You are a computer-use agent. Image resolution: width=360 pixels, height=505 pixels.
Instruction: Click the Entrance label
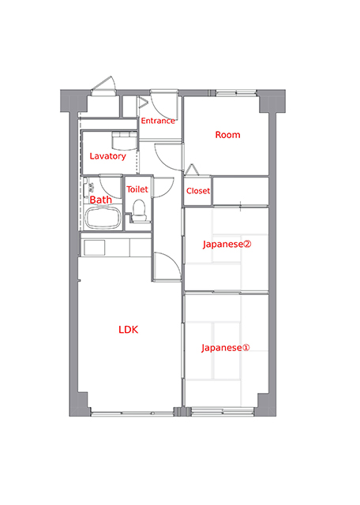[158, 121]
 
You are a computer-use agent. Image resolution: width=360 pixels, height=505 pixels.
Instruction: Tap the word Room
[227, 135]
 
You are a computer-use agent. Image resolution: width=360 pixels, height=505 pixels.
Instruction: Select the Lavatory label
[107, 156]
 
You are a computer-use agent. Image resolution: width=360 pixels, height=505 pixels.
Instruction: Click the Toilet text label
[137, 189]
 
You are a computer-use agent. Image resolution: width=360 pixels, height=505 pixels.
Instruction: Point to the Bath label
[100, 200]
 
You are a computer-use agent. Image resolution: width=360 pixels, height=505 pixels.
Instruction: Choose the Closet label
[198, 191]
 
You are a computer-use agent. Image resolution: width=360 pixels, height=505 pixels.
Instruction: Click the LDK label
[128, 330]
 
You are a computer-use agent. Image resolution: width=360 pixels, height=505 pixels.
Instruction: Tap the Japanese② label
[227, 244]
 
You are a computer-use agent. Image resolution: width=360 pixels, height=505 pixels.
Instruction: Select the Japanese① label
[225, 348]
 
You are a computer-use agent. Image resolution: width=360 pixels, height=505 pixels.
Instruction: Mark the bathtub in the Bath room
[103, 218]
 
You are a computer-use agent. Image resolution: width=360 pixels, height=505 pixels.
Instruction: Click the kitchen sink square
[95, 248]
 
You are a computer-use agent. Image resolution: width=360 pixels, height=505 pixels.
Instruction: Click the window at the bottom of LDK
[132, 413]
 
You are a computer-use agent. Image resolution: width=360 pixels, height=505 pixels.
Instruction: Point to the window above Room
[236, 93]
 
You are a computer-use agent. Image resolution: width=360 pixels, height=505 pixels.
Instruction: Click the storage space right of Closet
[241, 191]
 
